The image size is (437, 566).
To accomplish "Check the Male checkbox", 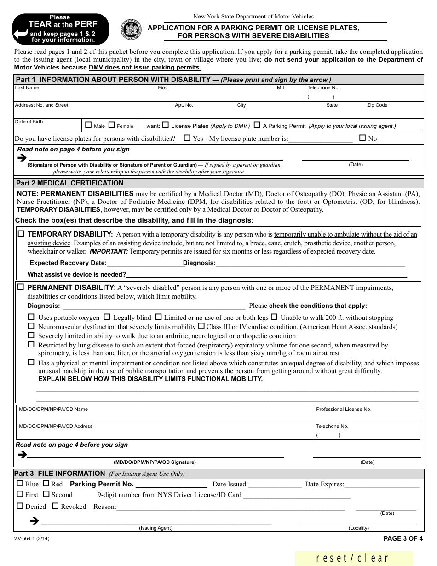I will (89, 125).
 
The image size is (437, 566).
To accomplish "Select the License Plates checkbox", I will (166, 125).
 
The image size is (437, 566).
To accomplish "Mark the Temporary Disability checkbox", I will (21, 234).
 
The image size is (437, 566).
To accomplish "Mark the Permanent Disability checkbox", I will (21, 287).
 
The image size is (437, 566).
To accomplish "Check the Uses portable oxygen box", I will (31, 317).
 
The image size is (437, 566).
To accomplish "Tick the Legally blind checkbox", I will (107, 317).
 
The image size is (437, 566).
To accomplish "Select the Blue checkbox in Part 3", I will (20, 484).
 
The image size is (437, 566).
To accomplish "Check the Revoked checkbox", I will (55, 506).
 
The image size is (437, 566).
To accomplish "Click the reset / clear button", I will (353, 558).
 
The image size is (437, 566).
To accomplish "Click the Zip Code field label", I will (377, 105).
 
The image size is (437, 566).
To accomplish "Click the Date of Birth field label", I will (29, 122).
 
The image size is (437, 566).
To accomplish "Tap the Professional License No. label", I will (344, 409).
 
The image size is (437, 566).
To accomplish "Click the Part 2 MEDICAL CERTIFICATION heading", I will (70, 183).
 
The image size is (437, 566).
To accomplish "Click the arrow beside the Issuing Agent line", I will (34, 521).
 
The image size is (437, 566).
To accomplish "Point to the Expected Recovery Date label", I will (68, 263).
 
